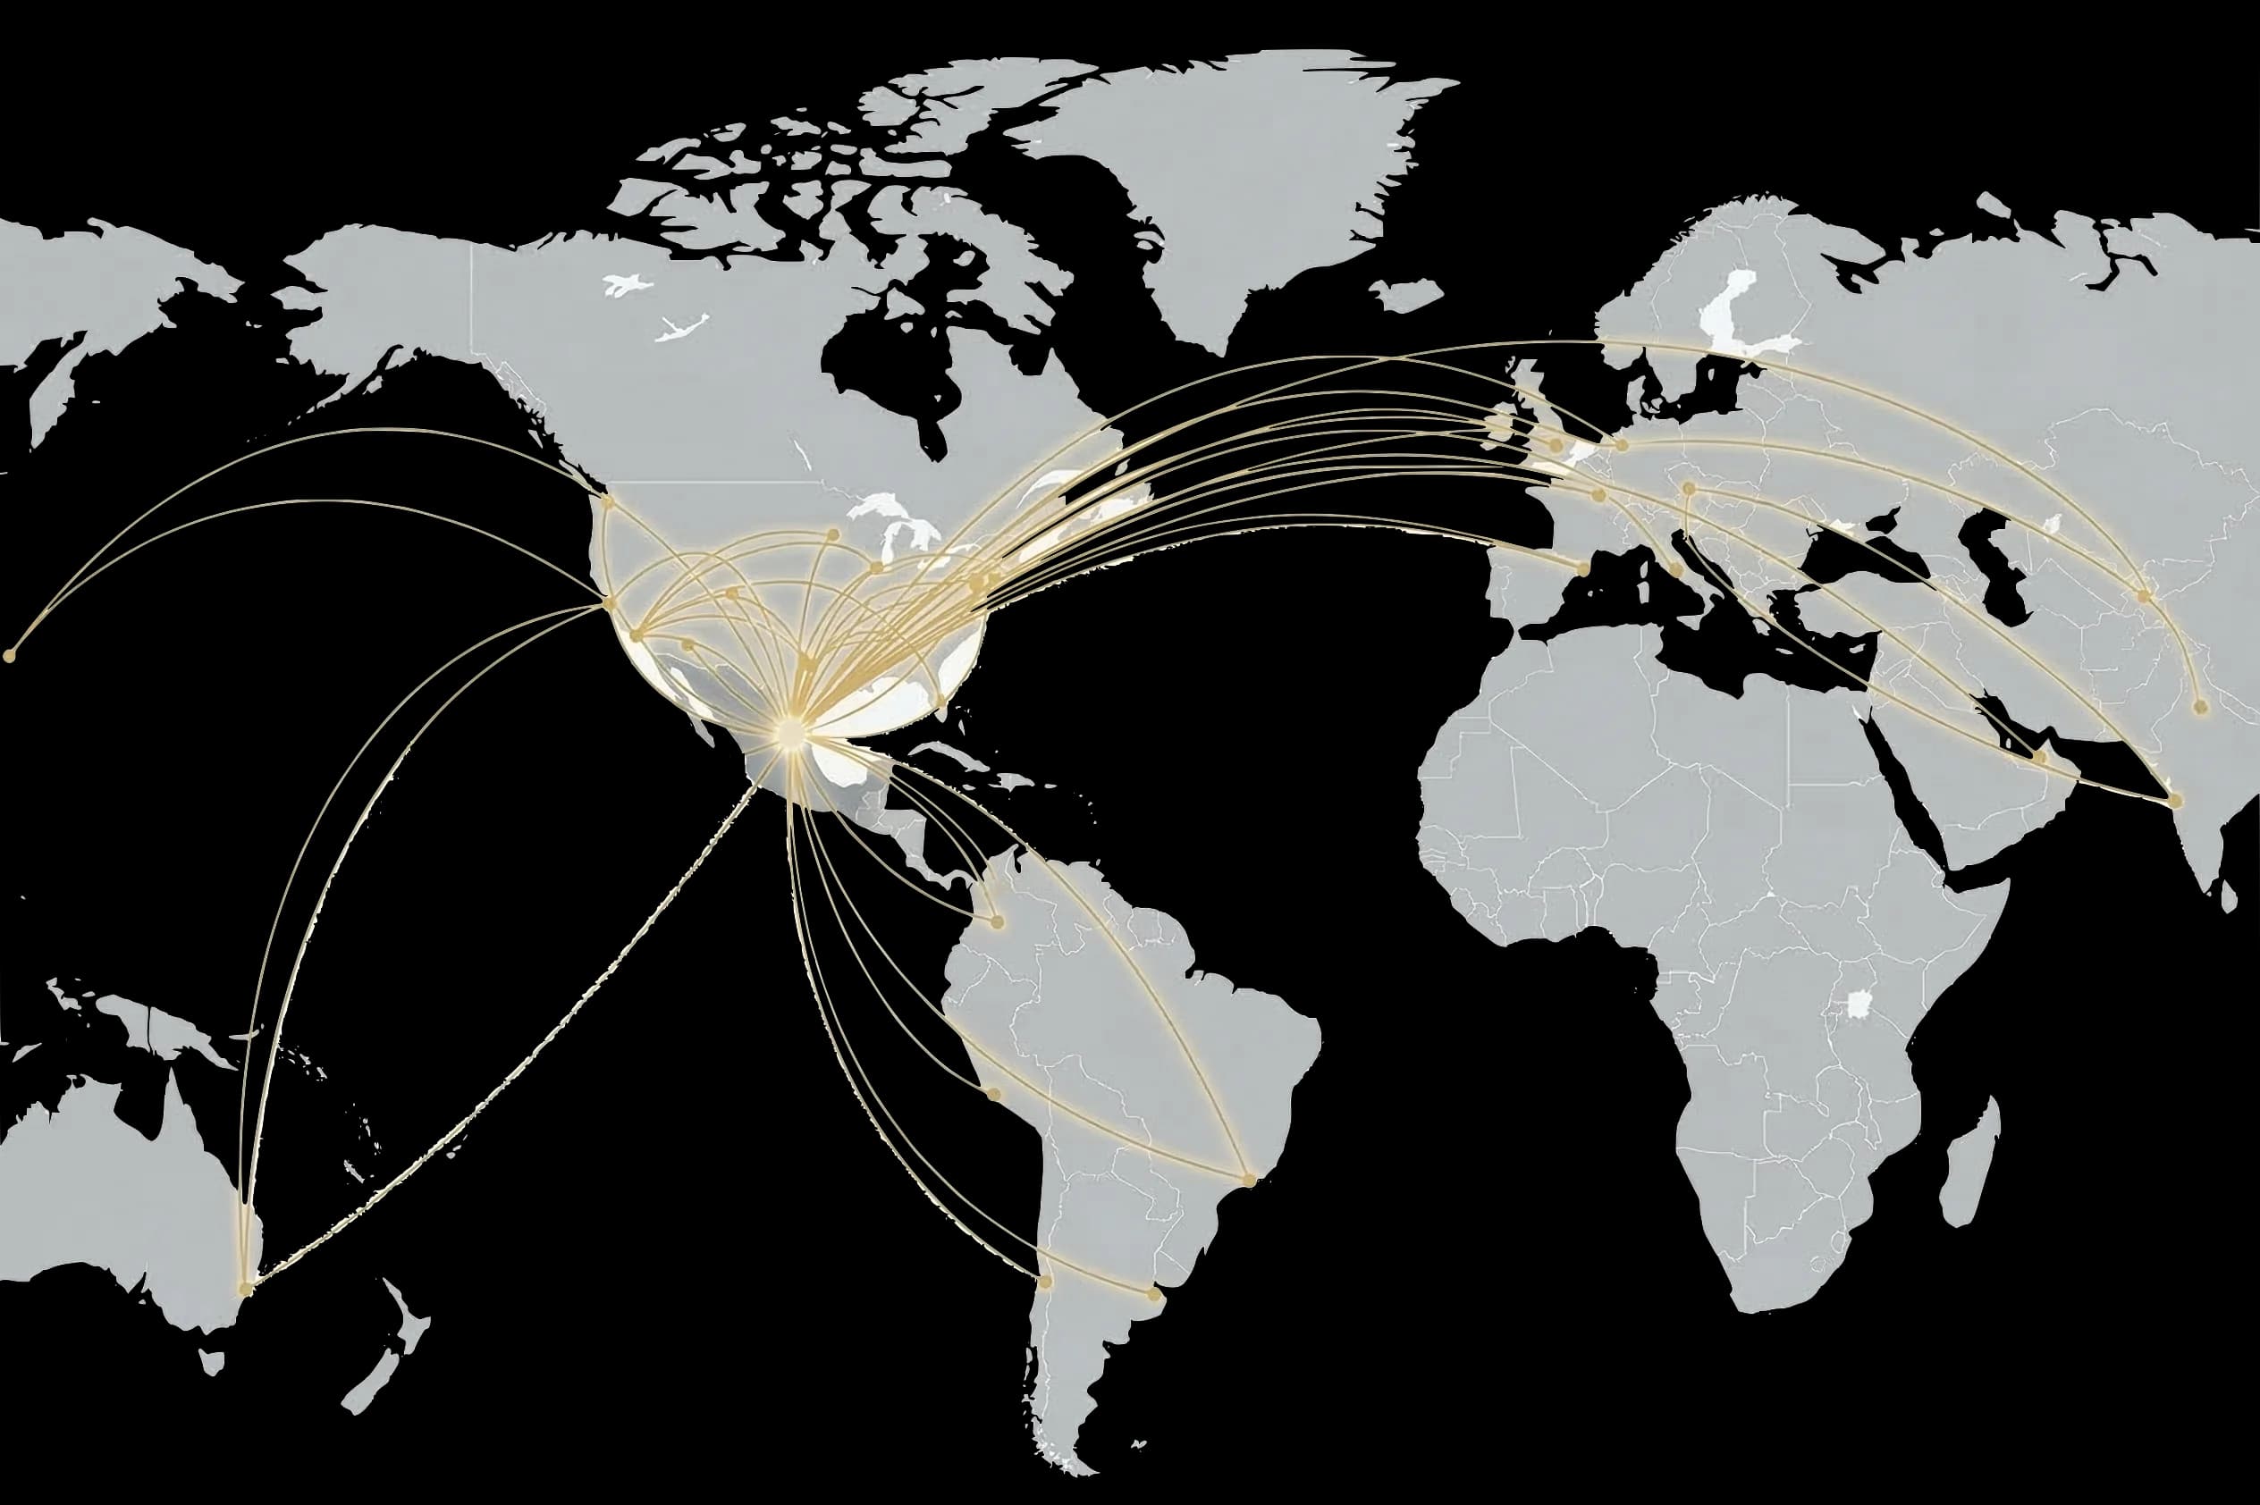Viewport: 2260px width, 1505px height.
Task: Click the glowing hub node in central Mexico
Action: click(789, 731)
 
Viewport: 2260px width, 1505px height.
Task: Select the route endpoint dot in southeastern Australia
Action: click(246, 1288)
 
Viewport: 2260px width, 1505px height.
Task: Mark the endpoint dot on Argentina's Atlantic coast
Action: click(1154, 1296)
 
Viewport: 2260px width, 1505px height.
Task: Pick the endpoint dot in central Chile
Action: click(1044, 1282)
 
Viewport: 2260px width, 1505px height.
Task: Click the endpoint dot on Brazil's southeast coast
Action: click(1248, 1180)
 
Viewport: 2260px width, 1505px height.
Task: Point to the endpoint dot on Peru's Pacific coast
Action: click(994, 1094)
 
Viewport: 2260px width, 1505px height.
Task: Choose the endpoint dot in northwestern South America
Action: click(997, 922)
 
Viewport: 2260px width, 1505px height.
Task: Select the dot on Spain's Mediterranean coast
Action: click(1584, 569)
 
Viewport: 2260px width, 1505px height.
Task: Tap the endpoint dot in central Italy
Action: click(1675, 570)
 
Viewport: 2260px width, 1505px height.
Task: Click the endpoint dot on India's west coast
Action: click(2174, 801)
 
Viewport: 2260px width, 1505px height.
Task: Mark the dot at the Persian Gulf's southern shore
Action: click(2039, 757)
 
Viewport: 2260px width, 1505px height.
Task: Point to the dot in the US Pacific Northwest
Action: click(607, 501)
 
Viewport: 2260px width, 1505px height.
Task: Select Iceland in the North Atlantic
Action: click(1406, 294)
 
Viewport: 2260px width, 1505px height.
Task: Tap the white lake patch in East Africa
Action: click(1859, 1004)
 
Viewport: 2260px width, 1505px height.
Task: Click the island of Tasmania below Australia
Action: click(213, 1361)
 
